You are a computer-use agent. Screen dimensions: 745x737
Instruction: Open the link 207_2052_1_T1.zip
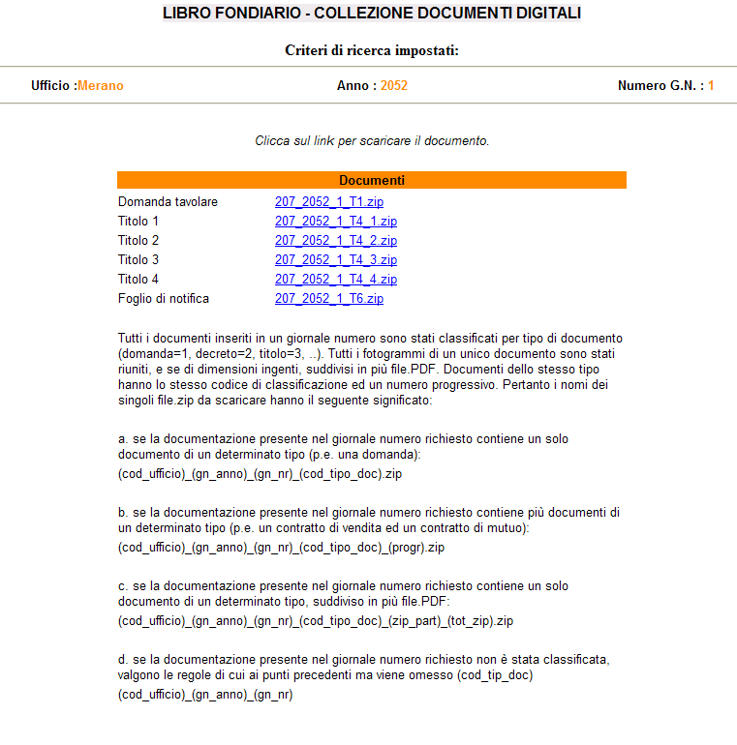328,202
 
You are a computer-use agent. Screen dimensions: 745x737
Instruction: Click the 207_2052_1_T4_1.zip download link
335,222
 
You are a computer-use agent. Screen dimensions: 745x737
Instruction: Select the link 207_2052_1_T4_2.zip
335,241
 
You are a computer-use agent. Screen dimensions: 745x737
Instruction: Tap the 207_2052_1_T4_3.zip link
335,260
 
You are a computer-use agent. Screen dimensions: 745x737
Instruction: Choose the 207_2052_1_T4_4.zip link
335,280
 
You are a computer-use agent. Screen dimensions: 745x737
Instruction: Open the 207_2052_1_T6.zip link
328,299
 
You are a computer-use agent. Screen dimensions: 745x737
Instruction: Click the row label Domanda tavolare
168,202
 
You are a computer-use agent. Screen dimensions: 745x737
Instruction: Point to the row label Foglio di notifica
164,299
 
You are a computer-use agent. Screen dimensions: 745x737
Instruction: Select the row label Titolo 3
138,260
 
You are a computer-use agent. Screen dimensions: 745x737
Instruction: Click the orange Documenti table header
372,180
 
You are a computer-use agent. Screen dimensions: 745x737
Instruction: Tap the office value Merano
101,86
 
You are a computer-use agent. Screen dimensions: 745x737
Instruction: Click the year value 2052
394,86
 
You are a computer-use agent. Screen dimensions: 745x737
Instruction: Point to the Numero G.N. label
660,86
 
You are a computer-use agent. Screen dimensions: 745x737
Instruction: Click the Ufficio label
53,86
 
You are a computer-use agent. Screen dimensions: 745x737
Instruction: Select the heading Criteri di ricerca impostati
372,50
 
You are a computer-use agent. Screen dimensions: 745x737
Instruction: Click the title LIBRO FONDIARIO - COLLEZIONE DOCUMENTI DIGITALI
372,14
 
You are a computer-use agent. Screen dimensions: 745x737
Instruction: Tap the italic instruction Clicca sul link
372,141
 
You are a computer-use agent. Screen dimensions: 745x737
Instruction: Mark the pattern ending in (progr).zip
281,548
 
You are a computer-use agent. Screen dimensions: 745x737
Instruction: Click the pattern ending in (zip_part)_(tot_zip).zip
315,621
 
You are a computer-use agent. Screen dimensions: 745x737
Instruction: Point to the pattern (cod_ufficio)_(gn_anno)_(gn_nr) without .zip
205,695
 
